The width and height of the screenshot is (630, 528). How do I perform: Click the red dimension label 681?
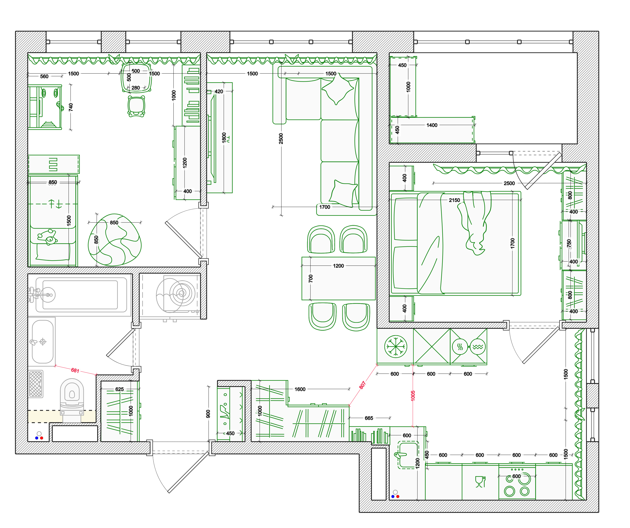[x=75, y=370]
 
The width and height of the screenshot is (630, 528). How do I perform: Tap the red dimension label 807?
[x=362, y=385]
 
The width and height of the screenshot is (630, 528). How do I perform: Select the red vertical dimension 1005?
[x=413, y=396]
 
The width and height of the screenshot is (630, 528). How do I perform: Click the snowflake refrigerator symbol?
[x=396, y=346]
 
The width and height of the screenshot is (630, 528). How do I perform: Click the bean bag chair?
[x=114, y=240]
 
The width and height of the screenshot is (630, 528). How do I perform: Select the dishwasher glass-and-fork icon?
[x=480, y=481]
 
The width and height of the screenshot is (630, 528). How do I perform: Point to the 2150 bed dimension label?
[x=454, y=200]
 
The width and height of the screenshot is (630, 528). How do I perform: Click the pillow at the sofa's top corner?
[x=338, y=89]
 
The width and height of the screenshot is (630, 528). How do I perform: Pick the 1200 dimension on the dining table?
[x=338, y=266]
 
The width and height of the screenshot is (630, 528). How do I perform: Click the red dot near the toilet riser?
[x=42, y=438]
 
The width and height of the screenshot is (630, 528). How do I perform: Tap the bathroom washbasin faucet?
[x=34, y=342]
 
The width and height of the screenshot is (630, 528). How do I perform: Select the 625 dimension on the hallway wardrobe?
[x=119, y=389]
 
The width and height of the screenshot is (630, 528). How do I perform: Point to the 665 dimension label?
[x=369, y=418]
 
